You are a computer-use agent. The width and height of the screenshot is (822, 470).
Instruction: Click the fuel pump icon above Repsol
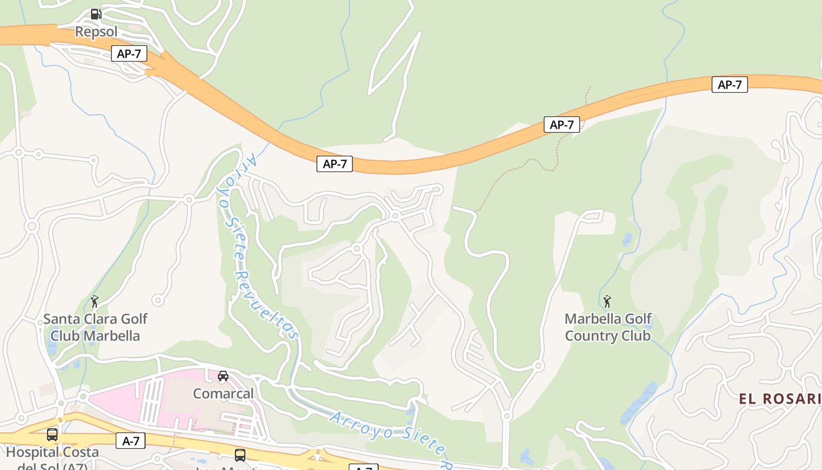coord(96,14)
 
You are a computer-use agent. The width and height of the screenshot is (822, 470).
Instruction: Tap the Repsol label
coord(96,31)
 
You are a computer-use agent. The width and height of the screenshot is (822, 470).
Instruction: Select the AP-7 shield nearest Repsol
coord(129,54)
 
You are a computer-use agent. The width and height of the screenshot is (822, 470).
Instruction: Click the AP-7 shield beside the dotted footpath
coord(561,125)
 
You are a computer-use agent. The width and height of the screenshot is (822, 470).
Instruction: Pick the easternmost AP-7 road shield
coord(729,85)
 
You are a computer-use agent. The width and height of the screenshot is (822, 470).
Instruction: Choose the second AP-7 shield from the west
coord(335,164)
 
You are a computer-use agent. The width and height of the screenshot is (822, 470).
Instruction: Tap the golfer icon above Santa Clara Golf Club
coord(95,301)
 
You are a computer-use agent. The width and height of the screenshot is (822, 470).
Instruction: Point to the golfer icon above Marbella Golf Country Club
coord(607,301)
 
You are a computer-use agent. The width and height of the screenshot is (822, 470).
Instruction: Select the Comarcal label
coord(223,393)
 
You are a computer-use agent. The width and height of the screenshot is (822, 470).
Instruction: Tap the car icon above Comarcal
coord(223,376)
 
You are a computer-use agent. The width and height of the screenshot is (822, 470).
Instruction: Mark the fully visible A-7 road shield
coord(130,441)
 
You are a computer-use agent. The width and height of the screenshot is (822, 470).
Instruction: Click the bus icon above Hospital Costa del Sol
coord(52,435)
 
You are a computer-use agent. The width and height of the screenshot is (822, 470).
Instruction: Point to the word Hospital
coord(33,452)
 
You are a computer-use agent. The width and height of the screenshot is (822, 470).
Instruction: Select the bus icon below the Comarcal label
coord(240,455)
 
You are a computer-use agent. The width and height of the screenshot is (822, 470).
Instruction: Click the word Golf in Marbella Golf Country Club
coord(638,319)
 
